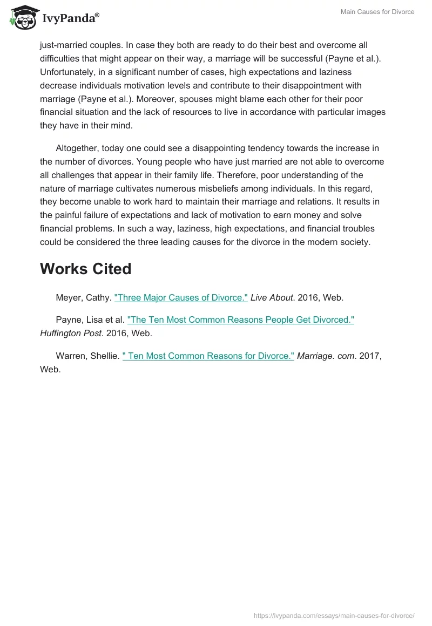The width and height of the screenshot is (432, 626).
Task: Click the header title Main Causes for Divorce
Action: [377, 12]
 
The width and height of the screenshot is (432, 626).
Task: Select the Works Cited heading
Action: [85, 269]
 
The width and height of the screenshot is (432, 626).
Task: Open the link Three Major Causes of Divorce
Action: [181, 297]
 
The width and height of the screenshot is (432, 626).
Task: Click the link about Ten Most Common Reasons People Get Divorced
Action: [240, 319]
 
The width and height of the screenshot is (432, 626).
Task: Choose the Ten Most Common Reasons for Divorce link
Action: [208, 356]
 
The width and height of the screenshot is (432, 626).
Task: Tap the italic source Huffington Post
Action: [70, 334]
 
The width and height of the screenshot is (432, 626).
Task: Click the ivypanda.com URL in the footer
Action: [334, 615]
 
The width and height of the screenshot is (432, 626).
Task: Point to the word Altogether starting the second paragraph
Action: [79, 148]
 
